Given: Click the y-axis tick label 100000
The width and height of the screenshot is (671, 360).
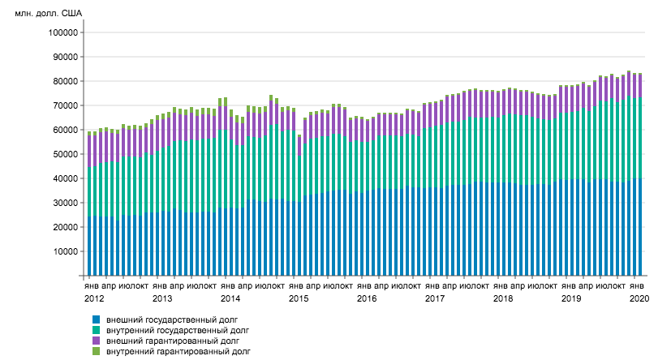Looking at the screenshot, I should click(62, 32).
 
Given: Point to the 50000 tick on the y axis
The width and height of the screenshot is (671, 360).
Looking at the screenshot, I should click(64, 154).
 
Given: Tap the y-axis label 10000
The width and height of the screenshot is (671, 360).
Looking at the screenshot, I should click(64, 251).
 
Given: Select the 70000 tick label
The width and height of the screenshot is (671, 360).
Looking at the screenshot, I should click(64, 105).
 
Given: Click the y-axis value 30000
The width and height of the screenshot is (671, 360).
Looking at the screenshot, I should click(64, 203).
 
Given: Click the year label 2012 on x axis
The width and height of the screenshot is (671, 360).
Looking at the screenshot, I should click(94, 299).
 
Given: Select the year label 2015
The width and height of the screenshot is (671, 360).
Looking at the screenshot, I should click(299, 299).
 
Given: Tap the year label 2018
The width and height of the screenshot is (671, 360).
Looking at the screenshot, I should click(503, 299).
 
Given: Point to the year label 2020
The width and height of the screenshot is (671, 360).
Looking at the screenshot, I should click(639, 299).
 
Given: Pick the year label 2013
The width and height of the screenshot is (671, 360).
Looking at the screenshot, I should click(162, 299).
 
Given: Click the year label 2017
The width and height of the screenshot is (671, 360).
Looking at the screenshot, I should click(435, 299).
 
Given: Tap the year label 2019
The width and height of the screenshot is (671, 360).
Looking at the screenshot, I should click(571, 299).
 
